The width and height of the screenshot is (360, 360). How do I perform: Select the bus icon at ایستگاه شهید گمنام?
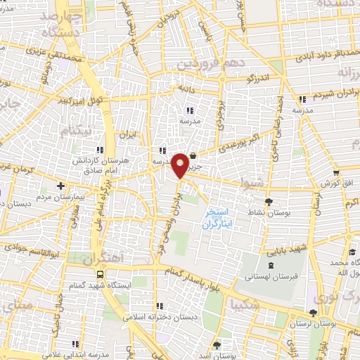(x=99, y=274)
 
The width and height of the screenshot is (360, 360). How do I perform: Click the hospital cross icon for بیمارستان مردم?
(x=61, y=186)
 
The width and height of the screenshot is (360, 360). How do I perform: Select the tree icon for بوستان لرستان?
(x=313, y=314)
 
